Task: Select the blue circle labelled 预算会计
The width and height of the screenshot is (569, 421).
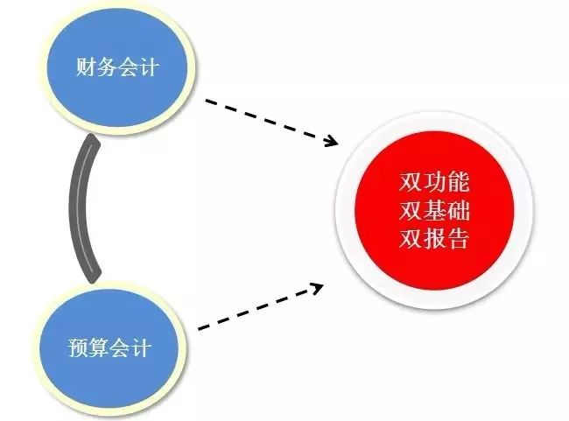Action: pos(109,347)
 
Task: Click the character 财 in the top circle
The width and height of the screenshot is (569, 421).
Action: pos(85,67)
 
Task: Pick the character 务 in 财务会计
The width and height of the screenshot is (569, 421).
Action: pos(106,67)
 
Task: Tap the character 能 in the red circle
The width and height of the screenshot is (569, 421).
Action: pos(458,183)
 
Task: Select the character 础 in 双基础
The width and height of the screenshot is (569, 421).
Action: pos(458,211)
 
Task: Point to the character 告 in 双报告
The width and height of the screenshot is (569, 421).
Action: pos(458,239)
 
